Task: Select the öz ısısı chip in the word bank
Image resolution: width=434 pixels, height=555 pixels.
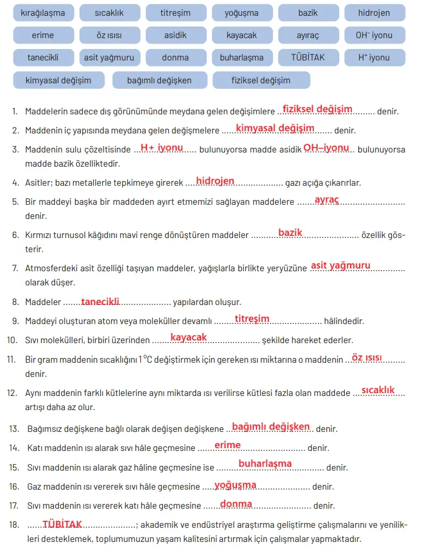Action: [x=109, y=35]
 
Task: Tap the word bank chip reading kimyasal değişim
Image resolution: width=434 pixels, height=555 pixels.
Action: [x=58, y=80]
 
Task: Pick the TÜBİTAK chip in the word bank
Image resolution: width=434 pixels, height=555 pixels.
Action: [x=308, y=57]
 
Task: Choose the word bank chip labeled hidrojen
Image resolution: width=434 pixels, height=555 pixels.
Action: [x=374, y=13]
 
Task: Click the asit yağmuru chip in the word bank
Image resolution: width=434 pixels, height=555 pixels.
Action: [x=109, y=57]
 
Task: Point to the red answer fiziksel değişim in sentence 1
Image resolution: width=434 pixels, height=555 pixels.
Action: [x=317, y=109]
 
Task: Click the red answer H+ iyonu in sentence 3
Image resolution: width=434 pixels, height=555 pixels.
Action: [x=162, y=148]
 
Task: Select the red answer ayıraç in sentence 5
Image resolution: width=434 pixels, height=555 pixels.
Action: [x=327, y=200]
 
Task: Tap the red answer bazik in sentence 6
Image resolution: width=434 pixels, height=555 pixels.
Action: [x=290, y=233]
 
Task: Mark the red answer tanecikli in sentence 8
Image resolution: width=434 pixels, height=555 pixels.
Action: [x=100, y=301]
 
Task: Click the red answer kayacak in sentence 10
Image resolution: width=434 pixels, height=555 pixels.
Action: [x=188, y=337]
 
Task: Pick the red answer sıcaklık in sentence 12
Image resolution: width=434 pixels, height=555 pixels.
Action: [x=378, y=390]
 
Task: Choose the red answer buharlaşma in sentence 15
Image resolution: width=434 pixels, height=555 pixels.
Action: [x=265, y=463]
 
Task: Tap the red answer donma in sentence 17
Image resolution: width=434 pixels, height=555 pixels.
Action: [x=236, y=504]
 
